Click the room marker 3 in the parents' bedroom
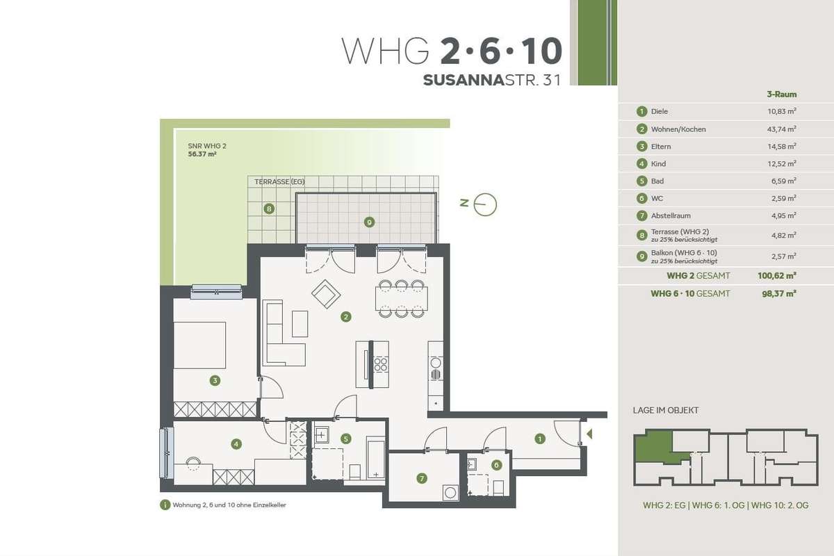[x=215, y=381]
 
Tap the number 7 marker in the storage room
[x=421, y=478]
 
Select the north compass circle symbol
[x=485, y=204]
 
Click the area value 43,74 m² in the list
[x=781, y=129]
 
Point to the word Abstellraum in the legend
[x=671, y=215]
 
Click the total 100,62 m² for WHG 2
[x=777, y=276]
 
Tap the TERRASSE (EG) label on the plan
[x=279, y=181]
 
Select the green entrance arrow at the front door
[x=589, y=434]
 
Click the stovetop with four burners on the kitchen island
[x=381, y=364]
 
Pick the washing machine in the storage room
[x=450, y=493]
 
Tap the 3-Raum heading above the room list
[x=781, y=95]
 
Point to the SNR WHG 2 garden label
[x=207, y=146]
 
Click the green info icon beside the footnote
[x=165, y=505]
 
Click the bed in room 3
[x=199, y=345]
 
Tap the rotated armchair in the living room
[x=326, y=294]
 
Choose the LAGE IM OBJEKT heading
[x=666, y=410]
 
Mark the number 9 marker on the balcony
[x=369, y=222]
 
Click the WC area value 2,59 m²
[x=783, y=198]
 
